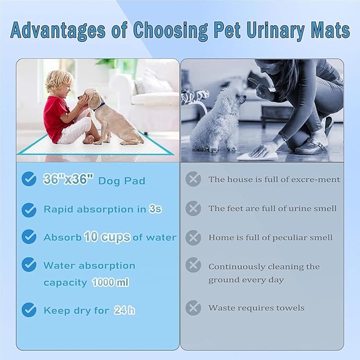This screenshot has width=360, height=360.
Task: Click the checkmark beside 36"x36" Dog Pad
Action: click(29, 179)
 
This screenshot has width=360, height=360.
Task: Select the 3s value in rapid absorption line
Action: click(155, 209)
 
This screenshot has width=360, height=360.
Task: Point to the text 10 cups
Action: click(107, 237)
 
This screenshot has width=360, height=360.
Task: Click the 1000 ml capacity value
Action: click(110, 283)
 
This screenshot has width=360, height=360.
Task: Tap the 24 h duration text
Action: click(124, 311)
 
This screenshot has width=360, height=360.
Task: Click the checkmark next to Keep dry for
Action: click(29, 310)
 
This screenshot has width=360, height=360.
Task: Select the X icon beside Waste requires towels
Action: click(194, 308)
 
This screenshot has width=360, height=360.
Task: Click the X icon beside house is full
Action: click(194, 179)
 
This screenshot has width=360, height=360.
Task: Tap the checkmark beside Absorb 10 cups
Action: click(29, 237)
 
